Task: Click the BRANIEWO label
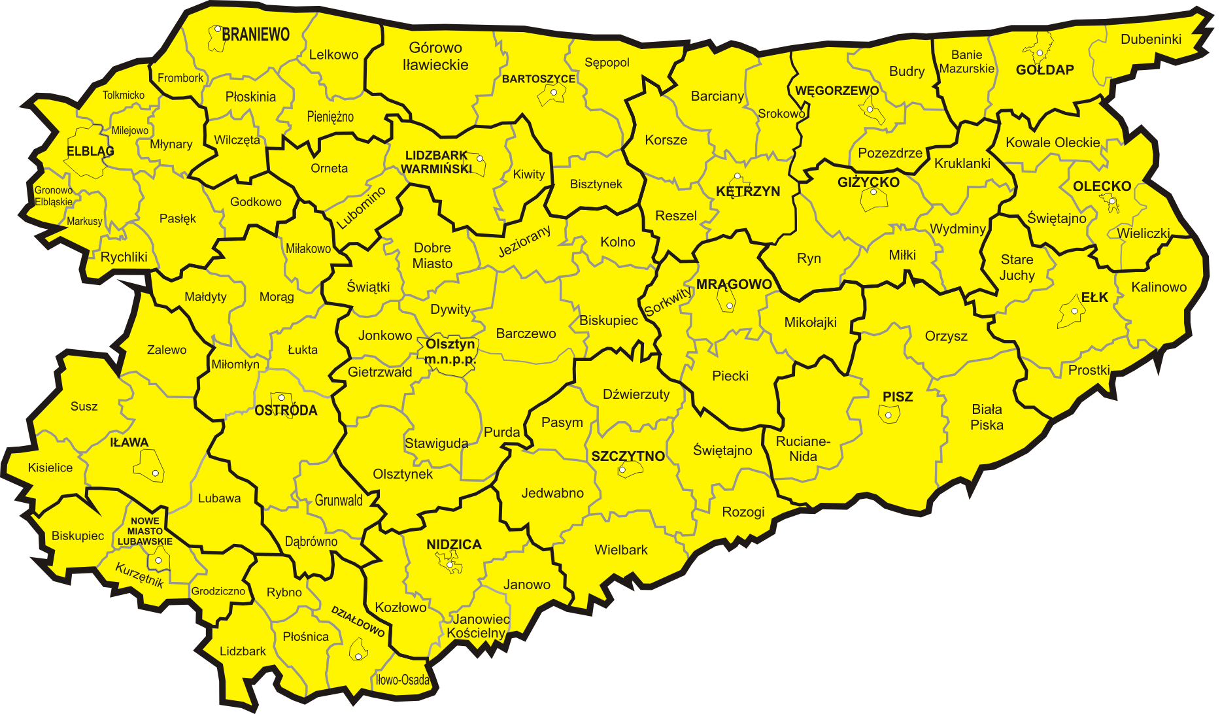[256, 35]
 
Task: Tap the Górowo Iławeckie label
[435, 56]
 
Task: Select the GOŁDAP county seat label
[1045, 70]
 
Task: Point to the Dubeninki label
[1151, 39]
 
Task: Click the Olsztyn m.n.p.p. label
[450, 352]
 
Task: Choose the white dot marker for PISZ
[889, 415]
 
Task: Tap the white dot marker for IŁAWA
[156, 473]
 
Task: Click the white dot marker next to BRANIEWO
[218, 29]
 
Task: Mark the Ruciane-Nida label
[803, 449]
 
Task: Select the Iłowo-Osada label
[403, 680]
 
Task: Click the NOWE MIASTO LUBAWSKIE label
[145, 531]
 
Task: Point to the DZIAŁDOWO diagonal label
[358, 621]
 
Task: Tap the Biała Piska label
[987, 417]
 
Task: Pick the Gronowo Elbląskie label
[54, 196]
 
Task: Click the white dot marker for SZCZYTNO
[622, 470]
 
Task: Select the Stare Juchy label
[1017, 267]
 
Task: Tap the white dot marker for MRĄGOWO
[730, 305]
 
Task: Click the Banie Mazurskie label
[966, 61]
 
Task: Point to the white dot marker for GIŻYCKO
[873, 192]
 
